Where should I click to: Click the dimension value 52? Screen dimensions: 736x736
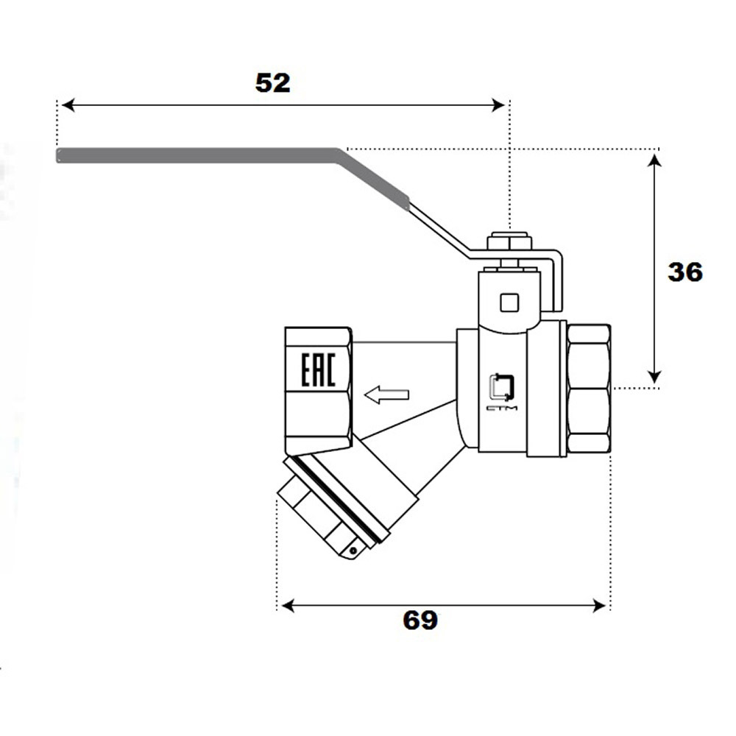pyautogui.click(x=273, y=82)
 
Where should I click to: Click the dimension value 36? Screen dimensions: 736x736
pyautogui.click(x=685, y=272)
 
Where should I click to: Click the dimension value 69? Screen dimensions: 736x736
pyautogui.click(x=420, y=620)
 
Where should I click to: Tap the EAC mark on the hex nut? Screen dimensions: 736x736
pyautogui.click(x=318, y=370)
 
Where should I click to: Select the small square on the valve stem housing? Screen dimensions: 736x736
pyautogui.click(x=509, y=302)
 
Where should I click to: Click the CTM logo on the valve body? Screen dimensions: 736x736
pyautogui.click(x=502, y=392)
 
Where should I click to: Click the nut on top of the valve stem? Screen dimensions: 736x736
pyautogui.click(x=509, y=241)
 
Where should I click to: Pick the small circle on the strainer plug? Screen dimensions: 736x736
pyautogui.click(x=353, y=551)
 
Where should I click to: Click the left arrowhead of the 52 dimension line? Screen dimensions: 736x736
pyautogui.click(x=68, y=105)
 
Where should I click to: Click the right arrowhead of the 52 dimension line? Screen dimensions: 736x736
pyautogui.click(x=498, y=105)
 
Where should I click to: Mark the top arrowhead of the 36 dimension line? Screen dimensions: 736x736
pyautogui.click(x=654, y=160)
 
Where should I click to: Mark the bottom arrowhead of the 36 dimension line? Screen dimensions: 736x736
pyautogui.click(x=654, y=376)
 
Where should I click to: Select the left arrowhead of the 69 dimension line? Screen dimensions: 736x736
pyautogui.click(x=288, y=606)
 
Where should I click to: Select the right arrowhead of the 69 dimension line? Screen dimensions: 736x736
pyautogui.click(x=599, y=606)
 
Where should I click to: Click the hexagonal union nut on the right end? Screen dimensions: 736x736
pyautogui.click(x=589, y=389)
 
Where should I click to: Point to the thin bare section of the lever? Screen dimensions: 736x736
pyautogui.click(x=439, y=230)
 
